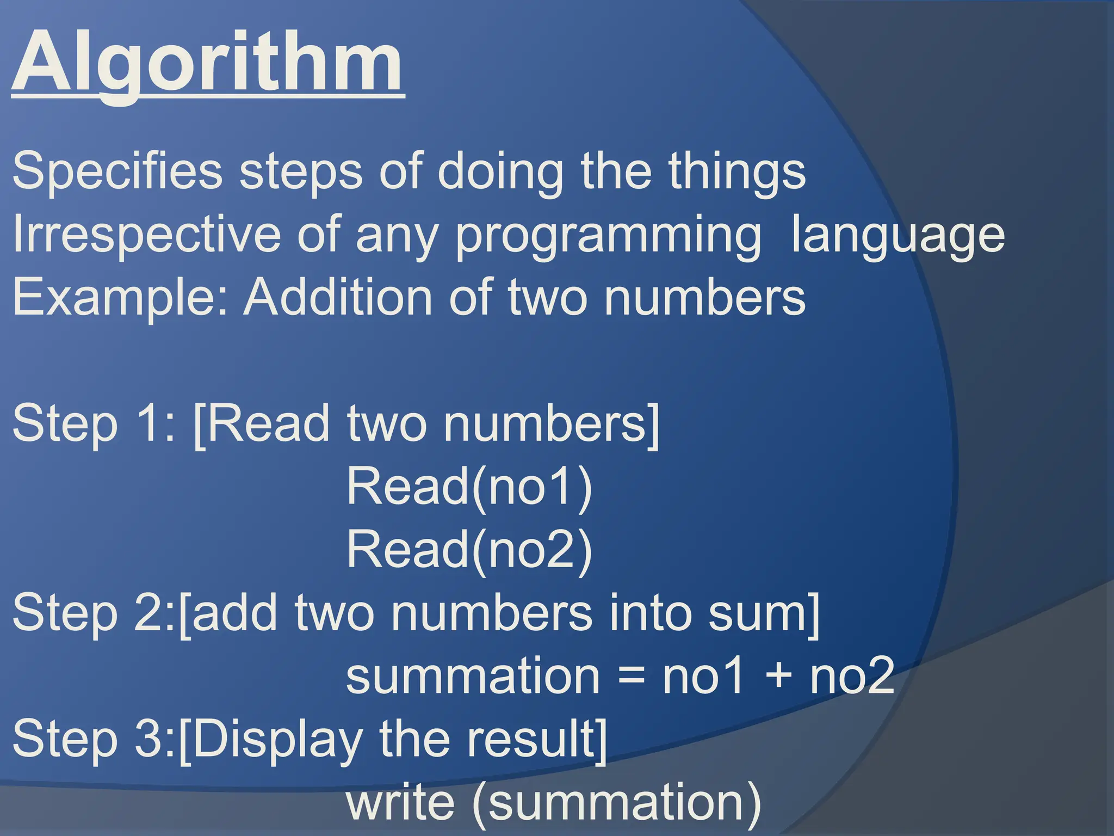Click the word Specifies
pyautogui.click(x=117, y=171)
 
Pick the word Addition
pyautogui.click(x=338, y=297)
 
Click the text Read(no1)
pyautogui.click(x=469, y=486)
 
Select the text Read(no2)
pyautogui.click(x=469, y=549)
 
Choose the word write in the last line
pyautogui.click(x=400, y=802)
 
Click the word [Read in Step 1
pyautogui.click(x=262, y=423)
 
